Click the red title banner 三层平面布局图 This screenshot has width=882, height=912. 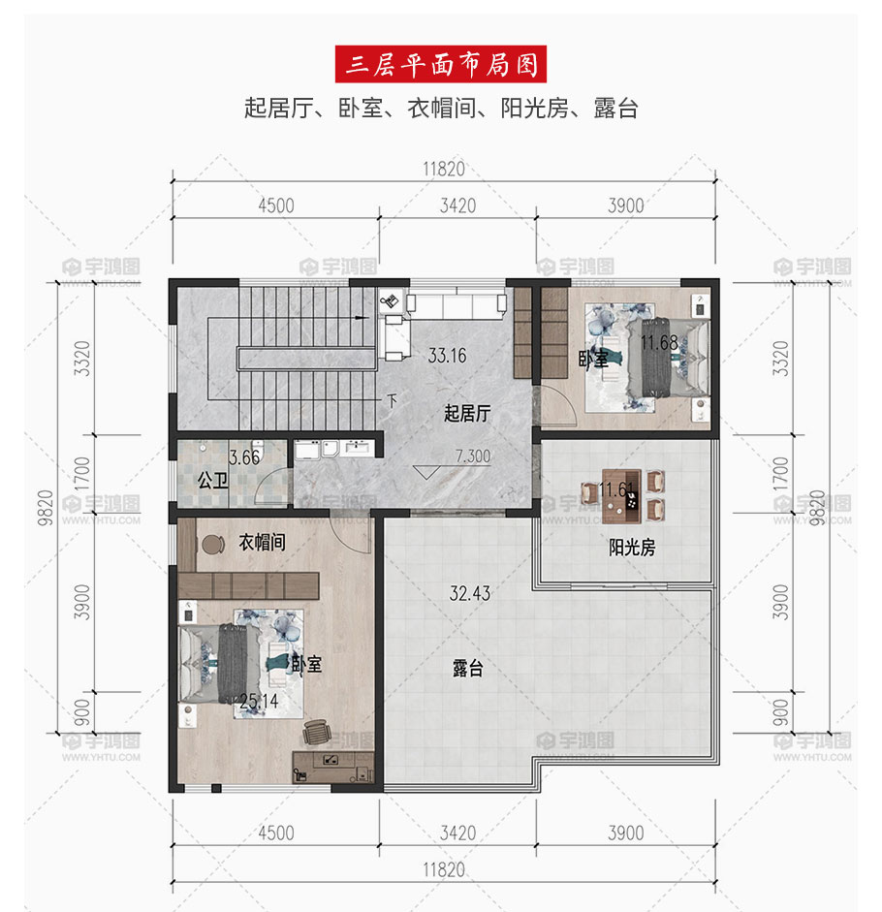pyautogui.click(x=441, y=64)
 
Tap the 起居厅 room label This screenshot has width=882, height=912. pyautogui.click(x=467, y=414)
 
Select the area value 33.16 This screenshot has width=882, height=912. pyautogui.click(x=448, y=356)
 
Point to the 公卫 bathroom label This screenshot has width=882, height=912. pyautogui.click(x=212, y=481)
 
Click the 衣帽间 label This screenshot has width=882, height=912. pyautogui.click(x=263, y=542)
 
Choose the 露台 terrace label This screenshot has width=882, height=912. pyautogui.click(x=468, y=668)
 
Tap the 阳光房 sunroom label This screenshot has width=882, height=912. pyautogui.click(x=632, y=548)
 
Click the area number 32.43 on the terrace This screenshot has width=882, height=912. pyautogui.click(x=469, y=593)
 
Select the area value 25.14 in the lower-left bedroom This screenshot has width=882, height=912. pyautogui.click(x=259, y=702)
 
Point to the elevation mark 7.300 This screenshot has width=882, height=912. pyautogui.click(x=473, y=456)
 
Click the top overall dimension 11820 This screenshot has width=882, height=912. pyautogui.click(x=444, y=170)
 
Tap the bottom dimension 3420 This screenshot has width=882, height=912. pyautogui.click(x=457, y=833)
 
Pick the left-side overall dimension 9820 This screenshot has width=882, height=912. pyautogui.click(x=46, y=508)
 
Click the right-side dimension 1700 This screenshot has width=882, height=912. pyautogui.click(x=780, y=474)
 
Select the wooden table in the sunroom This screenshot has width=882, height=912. pyautogui.click(x=621, y=495)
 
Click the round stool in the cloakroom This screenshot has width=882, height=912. pyautogui.click(x=212, y=545)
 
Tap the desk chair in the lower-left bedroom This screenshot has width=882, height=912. pyautogui.click(x=315, y=731)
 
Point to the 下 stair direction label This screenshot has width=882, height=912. pyautogui.click(x=393, y=400)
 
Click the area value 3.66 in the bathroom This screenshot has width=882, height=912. pyautogui.click(x=244, y=457)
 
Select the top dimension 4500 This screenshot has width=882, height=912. pyautogui.click(x=276, y=205)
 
